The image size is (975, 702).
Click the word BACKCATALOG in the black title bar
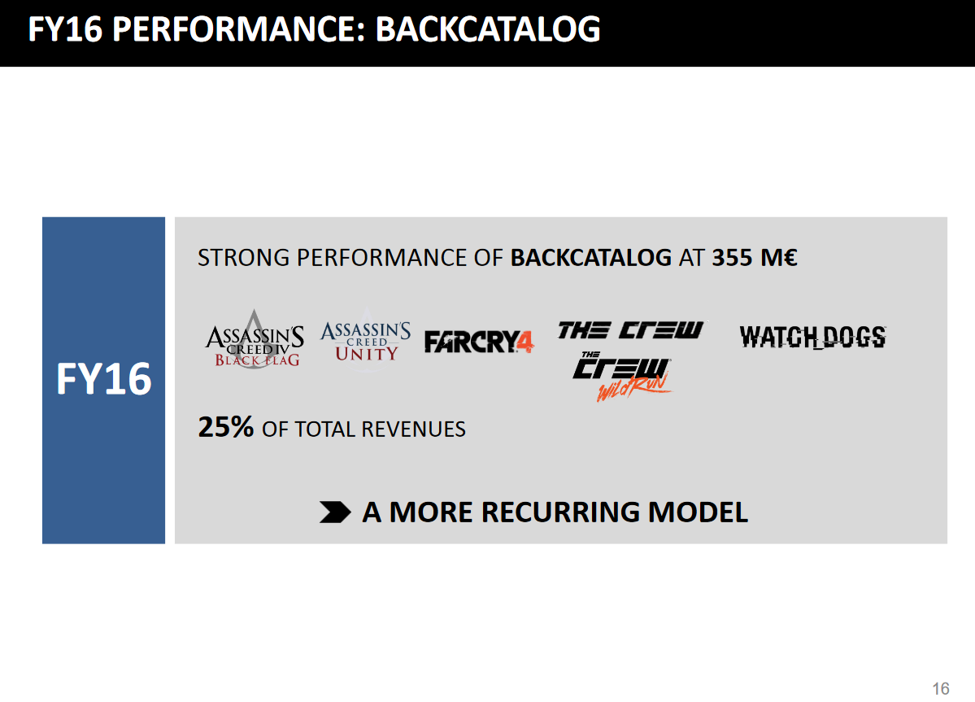coord(488,29)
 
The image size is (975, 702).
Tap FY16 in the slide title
coord(65,29)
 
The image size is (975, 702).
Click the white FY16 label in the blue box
coord(104,379)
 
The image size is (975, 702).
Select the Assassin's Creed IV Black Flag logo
coord(255,339)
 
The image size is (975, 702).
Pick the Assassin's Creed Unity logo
coord(366,340)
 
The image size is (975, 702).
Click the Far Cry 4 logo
coord(479,342)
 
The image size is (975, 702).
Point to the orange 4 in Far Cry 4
coord(525,342)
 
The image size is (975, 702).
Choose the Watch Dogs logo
coord(812,337)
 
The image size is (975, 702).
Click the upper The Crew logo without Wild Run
coord(630,330)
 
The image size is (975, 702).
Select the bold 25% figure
coord(226,427)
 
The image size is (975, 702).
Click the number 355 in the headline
coord(732,257)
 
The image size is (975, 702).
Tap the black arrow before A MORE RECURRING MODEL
coord(335,512)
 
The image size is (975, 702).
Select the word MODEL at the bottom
coord(698,512)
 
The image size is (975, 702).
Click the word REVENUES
coord(414,429)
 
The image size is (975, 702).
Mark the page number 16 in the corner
coord(941,688)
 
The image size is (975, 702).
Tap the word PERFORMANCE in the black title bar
coord(238,29)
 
